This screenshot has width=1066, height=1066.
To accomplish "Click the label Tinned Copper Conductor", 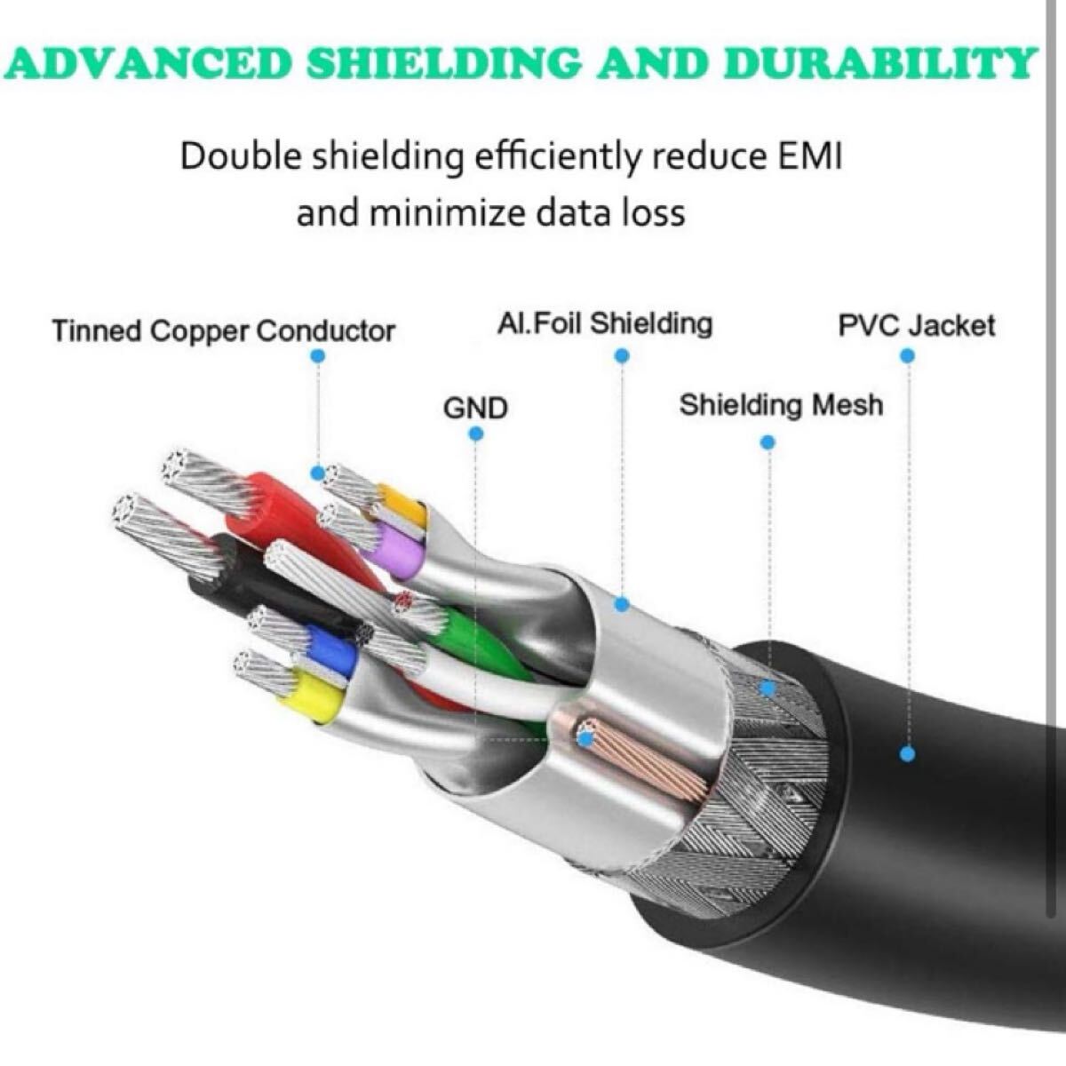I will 223,331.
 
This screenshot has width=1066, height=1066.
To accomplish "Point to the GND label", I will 475,408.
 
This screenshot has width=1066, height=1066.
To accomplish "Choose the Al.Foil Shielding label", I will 605,324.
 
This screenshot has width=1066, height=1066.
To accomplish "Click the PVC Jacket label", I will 917,325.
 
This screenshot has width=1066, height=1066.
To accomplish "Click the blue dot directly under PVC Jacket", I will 907,355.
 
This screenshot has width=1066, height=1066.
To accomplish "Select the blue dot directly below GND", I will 476,434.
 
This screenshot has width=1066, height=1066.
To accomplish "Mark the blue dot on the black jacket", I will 907,754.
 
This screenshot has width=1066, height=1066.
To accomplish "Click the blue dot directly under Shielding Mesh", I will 768,442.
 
